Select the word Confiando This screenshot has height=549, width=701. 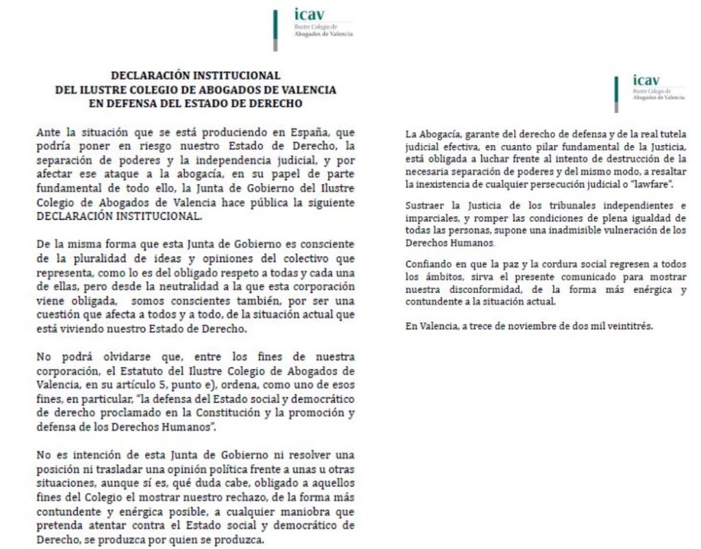pos(428,264)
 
